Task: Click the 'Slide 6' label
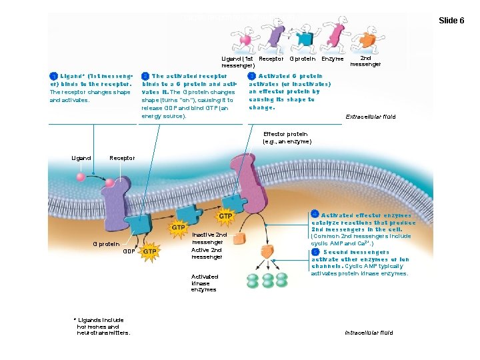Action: [451, 21]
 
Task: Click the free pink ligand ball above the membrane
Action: [81, 177]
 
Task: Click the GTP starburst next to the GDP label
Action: [150, 252]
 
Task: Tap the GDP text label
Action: [130, 252]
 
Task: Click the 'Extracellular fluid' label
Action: [370, 117]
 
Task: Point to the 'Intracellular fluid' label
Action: [369, 332]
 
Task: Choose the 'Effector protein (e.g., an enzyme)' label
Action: [287, 137]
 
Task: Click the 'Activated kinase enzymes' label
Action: [204, 283]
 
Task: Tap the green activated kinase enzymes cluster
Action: [267, 280]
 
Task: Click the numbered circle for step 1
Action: [53, 77]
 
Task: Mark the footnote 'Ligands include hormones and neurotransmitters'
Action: [103, 326]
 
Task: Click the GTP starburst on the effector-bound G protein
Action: [225, 217]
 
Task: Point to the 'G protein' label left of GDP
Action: [106, 244]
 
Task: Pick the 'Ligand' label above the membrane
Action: [81, 158]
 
